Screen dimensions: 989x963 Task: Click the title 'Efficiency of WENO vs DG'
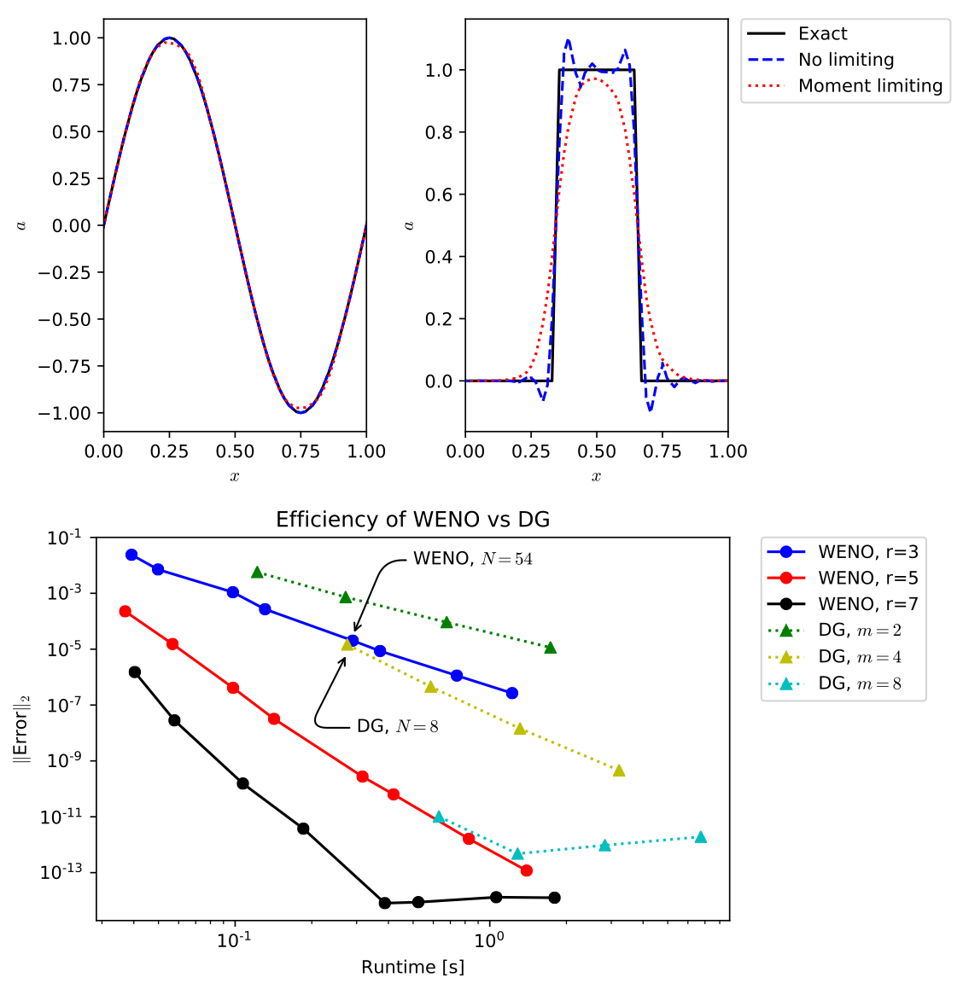(x=412, y=520)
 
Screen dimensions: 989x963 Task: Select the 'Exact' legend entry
(x=822, y=34)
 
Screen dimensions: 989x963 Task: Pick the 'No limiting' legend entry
(x=845, y=60)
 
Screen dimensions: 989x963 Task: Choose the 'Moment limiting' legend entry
(x=869, y=86)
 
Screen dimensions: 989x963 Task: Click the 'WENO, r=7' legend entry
(x=867, y=604)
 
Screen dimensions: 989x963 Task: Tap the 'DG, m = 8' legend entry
(x=859, y=684)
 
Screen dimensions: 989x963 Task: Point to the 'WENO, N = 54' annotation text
(x=473, y=559)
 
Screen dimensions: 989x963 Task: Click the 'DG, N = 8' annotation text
(x=397, y=727)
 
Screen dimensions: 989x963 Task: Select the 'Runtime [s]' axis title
(x=412, y=967)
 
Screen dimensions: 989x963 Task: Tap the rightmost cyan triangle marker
(x=701, y=837)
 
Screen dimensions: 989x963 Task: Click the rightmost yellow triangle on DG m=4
(x=619, y=771)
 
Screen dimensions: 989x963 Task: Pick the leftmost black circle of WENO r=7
(x=135, y=672)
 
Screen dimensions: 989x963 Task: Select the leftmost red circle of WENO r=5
(x=125, y=611)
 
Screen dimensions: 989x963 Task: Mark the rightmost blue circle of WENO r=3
(x=512, y=693)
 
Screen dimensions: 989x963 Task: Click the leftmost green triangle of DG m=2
(x=257, y=572)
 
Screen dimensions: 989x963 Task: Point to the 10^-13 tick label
(x=63, y=872)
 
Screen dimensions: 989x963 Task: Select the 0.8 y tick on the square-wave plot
(x=439, y=132)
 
